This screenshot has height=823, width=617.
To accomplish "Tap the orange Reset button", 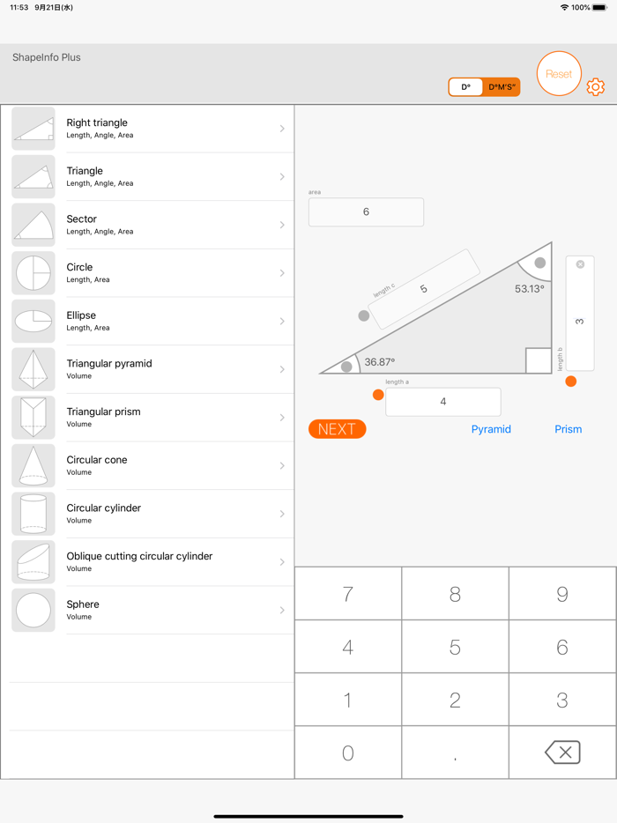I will [559, 74].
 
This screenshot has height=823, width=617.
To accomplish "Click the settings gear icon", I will [596, 87].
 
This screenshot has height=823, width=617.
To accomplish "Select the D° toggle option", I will [465, 87].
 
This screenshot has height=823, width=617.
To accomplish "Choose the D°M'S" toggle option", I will [502, 87].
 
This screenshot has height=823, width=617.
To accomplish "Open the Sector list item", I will [150, 225].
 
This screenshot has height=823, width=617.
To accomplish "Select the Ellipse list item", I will [150, 321].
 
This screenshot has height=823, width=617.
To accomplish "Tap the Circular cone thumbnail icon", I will [33, 465].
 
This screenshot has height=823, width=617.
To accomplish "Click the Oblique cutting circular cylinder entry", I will [150, 561].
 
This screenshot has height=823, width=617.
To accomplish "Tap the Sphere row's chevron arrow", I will [282, 610].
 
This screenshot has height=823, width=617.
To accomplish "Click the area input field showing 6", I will [366, 212].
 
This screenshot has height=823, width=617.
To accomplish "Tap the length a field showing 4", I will [442, 402].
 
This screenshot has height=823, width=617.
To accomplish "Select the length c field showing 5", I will [424, 289].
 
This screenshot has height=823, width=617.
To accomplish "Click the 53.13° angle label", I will [529, 289].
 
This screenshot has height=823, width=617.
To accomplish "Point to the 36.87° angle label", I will [380, 362].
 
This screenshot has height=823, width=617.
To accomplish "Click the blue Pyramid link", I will [491, 429].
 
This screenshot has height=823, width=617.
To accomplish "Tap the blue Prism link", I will [568, 429].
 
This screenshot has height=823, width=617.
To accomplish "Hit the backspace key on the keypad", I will [562, 752].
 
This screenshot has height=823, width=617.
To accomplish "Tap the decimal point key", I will [455, 752].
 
